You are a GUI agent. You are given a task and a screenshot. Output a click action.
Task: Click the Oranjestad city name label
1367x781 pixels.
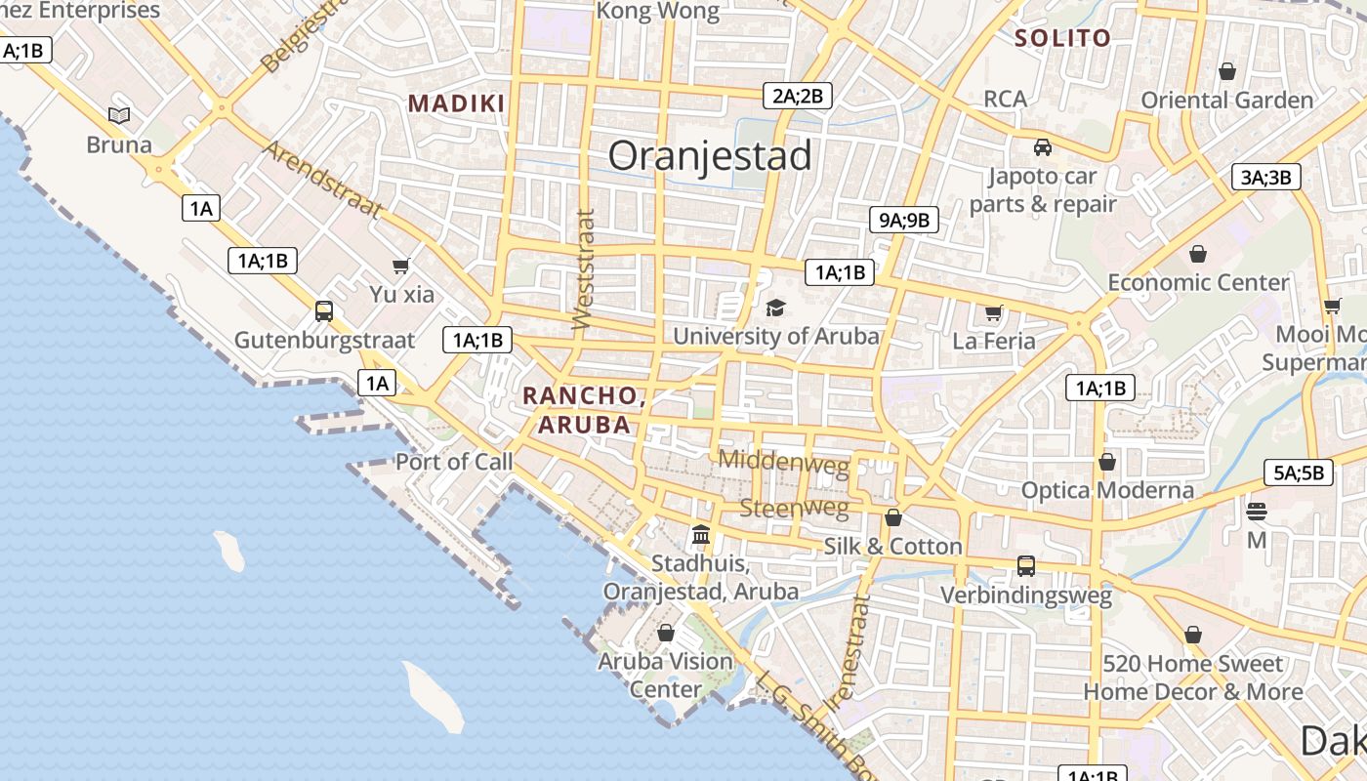click(x=710, y=156)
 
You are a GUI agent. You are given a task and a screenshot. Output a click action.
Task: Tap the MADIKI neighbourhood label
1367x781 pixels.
click(x=457, y=103)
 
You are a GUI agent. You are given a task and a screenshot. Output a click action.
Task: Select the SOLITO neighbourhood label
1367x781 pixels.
click(x=1062, y=38)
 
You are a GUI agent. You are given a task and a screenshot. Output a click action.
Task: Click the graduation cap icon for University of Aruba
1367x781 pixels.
click(x=775, y=308)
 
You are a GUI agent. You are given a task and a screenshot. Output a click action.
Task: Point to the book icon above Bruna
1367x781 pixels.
click(x=119, y=116)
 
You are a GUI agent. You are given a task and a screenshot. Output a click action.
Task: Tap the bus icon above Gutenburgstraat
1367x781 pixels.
click(x=324, y=311)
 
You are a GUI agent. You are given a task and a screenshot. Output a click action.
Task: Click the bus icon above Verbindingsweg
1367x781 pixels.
click(x=1026, y=565)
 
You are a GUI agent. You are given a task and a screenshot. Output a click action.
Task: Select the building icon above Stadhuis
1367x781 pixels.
click(x=701, y=535)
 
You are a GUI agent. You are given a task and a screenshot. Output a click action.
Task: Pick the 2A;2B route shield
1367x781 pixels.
click(x=797, y=96)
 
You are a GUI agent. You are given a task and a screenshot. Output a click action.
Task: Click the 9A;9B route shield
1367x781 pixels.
click(x=903, y=220)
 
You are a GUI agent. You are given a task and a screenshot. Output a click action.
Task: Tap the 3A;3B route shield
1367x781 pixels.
click(x=1265, y=177)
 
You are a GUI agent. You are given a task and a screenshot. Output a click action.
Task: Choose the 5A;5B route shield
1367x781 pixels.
click(x=1298, y=473)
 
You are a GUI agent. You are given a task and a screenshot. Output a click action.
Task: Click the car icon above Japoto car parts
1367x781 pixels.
click(x=1043, y=148)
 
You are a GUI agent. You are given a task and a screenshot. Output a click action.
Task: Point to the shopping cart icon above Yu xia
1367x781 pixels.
click(x=400, y=266)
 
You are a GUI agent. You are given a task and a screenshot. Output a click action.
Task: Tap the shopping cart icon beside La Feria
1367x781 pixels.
click(x=994, y=313)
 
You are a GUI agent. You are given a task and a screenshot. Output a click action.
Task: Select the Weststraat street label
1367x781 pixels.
click(x=583, y=268)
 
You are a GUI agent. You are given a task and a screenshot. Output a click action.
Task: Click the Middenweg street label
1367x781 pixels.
click(x=784, y=460)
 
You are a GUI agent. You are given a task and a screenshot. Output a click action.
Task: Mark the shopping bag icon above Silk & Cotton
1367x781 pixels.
click(x=893, y=517)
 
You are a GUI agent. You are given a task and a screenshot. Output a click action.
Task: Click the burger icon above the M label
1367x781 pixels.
click(x=1257, y=511)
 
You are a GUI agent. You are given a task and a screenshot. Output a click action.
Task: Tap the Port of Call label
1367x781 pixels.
click(x=454, y=462)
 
